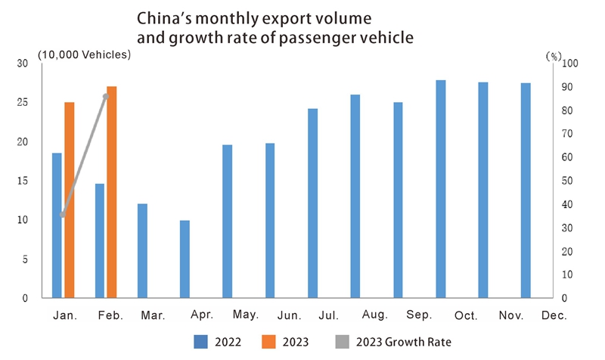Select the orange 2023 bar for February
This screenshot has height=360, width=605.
click(x=112, y=192)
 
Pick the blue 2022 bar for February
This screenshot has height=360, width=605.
click(x=99, y=241)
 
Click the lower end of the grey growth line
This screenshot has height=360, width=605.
click(x=62, y=216)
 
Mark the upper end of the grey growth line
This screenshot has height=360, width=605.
click(x=107, y=95)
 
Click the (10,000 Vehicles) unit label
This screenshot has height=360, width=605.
click(x=85, y=54)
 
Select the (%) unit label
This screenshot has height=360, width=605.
click(x=554, y=55)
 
